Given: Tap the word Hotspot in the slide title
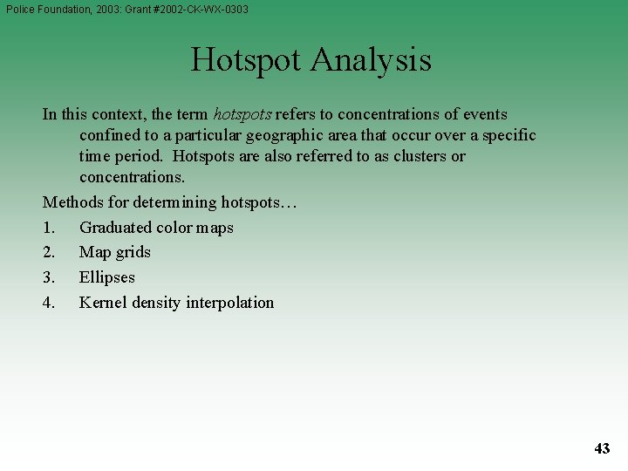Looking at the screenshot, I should pos(245,60).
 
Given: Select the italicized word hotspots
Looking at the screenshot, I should pos(242,114).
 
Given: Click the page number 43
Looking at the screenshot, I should pos(602,448).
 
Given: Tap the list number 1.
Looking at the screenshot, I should pos(48,228).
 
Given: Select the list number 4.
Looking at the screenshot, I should pos(49,303).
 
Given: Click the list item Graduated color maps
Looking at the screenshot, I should pos(156,228).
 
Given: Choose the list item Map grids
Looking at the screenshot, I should pos(114,252).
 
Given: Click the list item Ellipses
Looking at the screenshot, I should pos(106,277).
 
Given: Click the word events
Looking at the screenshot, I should pos(485,114).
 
